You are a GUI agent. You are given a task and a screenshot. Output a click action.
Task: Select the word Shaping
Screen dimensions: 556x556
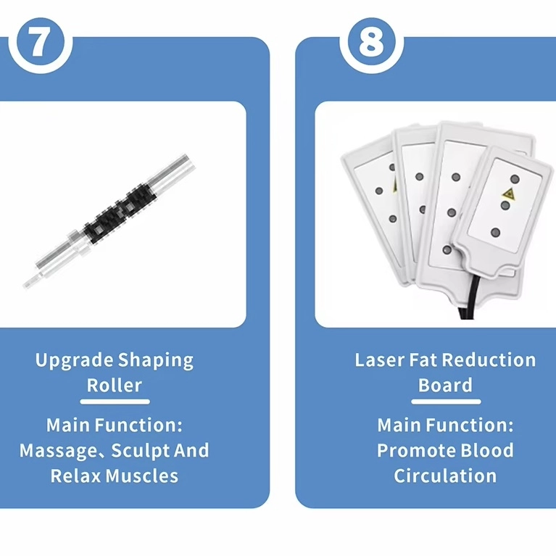(156, 360)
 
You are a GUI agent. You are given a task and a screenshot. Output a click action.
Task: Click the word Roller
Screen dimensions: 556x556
(115, 385)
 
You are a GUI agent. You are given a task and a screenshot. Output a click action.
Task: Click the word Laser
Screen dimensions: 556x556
(381, 360)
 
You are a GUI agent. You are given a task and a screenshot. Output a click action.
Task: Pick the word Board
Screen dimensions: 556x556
(445, 385)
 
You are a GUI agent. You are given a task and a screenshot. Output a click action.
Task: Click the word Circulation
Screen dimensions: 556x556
(445, 476)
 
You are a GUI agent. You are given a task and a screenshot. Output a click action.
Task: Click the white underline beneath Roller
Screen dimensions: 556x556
(115, 401)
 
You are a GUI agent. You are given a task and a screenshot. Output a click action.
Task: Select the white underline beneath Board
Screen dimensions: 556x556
(445, 401)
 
